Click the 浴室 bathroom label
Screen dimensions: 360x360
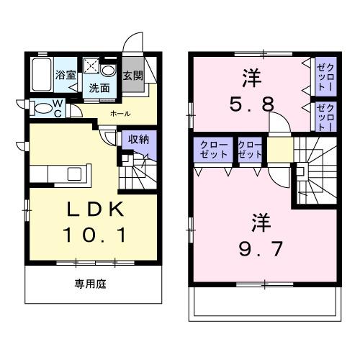tap(66, 75)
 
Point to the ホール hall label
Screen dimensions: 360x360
tap(120, 114)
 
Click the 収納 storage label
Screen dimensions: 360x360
tap(139, 140)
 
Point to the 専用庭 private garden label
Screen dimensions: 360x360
tap(91, 285)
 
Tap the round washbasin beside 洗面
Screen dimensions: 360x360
tap(108, 71)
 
